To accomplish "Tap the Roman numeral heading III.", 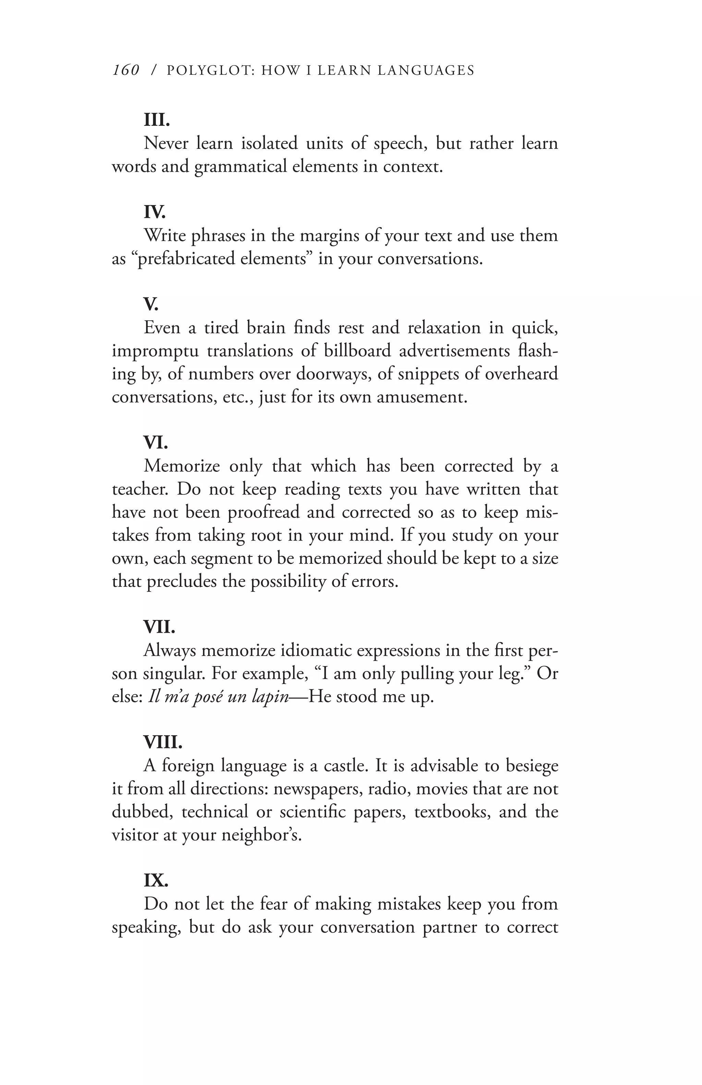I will pos(157,120).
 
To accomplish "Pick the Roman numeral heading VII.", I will pos(159,627).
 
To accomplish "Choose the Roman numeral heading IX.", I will pos(156,880).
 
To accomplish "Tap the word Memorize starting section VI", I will pos(182,466).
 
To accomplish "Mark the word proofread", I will pos(263,512).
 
